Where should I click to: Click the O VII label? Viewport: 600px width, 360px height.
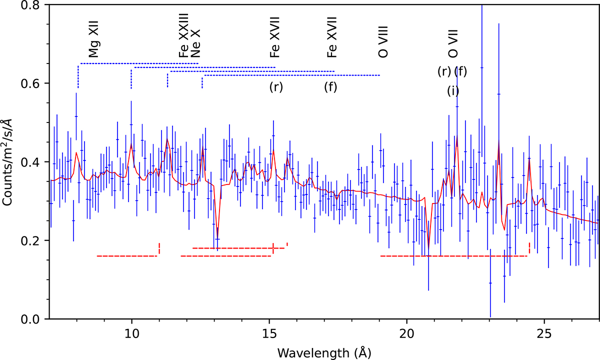[x=453, y=43]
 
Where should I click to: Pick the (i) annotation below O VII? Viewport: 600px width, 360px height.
[x=453, y=91]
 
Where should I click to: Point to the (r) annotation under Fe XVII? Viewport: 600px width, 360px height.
[x=276, y=87]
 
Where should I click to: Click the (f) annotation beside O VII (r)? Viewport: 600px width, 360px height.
[x=460, y=71]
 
